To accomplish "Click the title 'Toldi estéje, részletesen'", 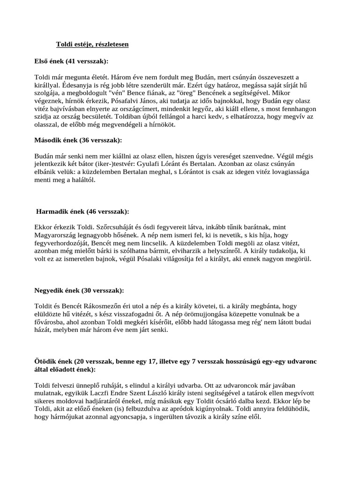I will coord(92,44).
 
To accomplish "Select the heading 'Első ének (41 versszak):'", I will coord(71,61).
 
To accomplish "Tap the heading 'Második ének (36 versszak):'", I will coord(78,140).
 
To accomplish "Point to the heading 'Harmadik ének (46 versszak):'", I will coord(82,211).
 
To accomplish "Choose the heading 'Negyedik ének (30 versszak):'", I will coord(78,290).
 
